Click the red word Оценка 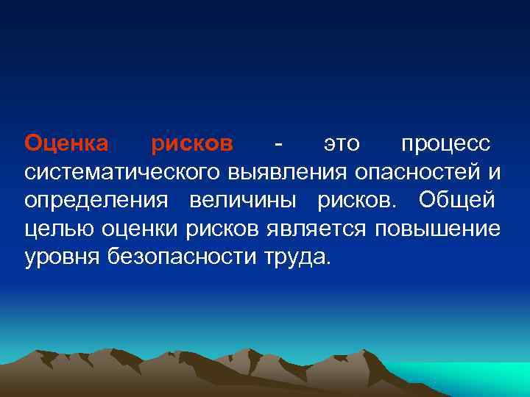[66, 143]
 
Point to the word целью [51, 229]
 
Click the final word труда [298, 258]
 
